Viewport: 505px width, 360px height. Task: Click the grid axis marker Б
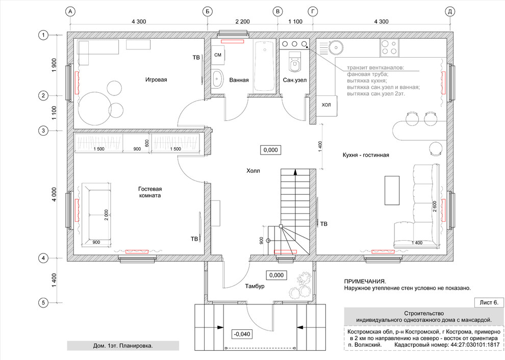208,12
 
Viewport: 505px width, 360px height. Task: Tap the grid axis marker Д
450,12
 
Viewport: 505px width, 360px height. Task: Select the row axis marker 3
43,131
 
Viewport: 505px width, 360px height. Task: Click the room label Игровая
156,80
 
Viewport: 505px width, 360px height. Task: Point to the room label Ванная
239,80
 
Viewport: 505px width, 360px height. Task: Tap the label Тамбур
255,286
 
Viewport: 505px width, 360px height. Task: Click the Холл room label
253,171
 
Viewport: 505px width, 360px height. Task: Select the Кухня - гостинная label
366,155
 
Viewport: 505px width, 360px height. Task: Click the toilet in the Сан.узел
294,62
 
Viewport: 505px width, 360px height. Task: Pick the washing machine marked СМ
218,55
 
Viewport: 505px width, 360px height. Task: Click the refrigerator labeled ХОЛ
326,105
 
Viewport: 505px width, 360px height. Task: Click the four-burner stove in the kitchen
389,47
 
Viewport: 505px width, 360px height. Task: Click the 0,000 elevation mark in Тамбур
276,275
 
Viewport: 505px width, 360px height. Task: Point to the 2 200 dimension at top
242,21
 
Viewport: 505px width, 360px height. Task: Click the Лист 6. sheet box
489,303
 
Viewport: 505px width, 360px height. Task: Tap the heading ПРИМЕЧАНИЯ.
365,281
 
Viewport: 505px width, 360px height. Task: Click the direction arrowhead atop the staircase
295,172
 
